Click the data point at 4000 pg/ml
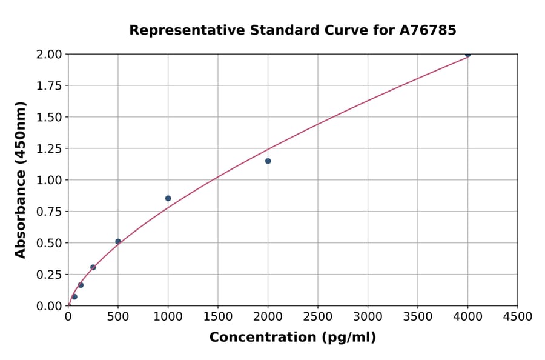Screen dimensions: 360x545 tap(467, 55)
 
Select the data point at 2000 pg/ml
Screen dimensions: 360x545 tap(268, 161)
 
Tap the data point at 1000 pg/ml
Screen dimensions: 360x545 tap(168, 198)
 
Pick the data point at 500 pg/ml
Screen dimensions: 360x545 tap(118, 241)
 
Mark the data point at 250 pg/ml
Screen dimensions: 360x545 tap(93, 267)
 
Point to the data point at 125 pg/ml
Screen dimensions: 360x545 tap(81, 285)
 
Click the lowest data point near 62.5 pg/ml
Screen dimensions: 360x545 tap(74, 296)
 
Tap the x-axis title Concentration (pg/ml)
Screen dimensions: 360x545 tap(292, 338)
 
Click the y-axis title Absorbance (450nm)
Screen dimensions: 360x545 tap(21, 180)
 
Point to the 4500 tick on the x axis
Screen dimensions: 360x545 tap(518, 317)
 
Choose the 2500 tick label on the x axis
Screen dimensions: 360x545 tap(318, 317)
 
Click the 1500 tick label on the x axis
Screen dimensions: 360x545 tap(218, 317)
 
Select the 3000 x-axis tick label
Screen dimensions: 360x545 tap(368, 317)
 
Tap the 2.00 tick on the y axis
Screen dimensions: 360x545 tap(49, 55)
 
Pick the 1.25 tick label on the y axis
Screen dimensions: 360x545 tap(49, 148)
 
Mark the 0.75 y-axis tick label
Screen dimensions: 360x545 tap(49, 212)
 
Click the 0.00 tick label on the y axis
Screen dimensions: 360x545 tap(49, 306)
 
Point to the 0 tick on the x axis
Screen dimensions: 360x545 tap(68, 317)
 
